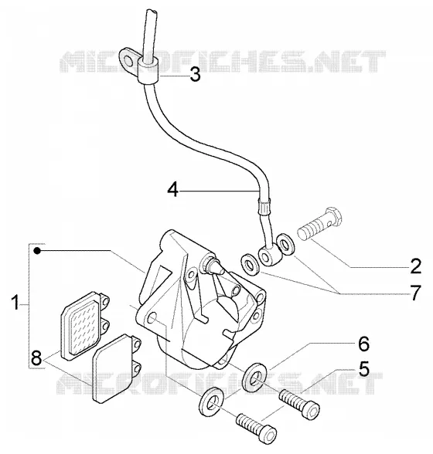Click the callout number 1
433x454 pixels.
16,302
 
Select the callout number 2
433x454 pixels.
415,266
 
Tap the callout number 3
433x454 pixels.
195,75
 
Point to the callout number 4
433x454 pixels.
173,191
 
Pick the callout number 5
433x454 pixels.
363,368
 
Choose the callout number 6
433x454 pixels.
363,344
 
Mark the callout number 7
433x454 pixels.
415,293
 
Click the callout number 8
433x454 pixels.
37,358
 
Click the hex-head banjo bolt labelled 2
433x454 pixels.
320,223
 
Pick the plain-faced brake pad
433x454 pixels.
116,368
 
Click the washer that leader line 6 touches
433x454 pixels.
254,377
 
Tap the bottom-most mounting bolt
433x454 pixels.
257,428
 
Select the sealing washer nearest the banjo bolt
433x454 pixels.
286,245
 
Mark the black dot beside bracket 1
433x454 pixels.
37,250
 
